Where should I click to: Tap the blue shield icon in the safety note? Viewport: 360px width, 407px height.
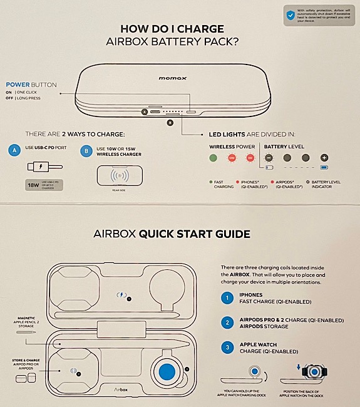click(291, 16)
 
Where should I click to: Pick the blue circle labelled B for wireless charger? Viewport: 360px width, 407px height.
click(86, 150)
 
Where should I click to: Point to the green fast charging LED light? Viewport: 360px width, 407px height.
click(213, 159)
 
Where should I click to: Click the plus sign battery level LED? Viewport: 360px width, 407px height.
click(324, 158)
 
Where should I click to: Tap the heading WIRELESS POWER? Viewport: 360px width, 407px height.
click(232, 146)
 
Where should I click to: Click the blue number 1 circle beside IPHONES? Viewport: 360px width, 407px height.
click(228, 299)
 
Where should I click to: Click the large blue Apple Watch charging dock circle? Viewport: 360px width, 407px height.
click(166, 371)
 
